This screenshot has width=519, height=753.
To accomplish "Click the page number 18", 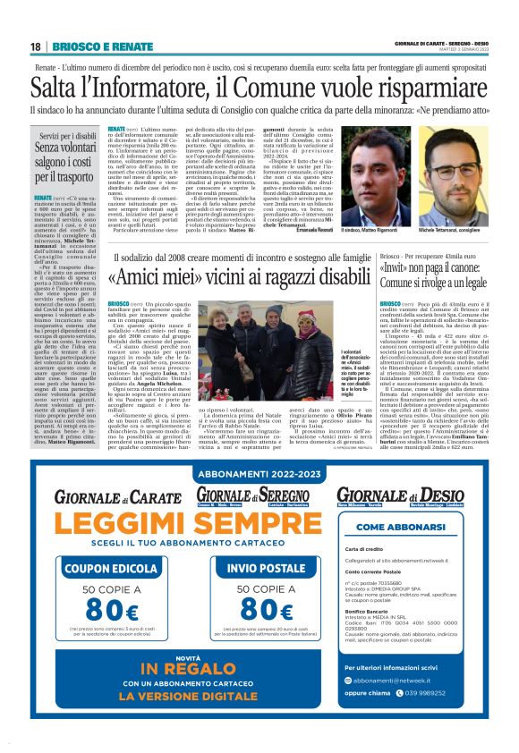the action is (x=35, y=47).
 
